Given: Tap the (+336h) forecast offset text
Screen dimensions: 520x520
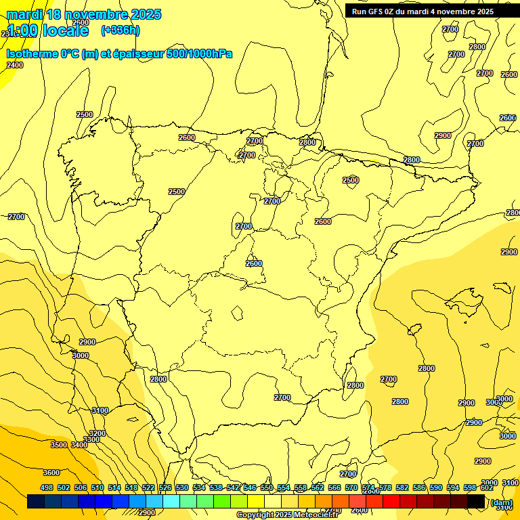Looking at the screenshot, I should pos(121,30).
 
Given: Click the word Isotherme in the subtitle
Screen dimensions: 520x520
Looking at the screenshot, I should pos(31,53).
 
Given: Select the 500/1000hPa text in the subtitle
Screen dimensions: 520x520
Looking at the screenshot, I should pos(200,53).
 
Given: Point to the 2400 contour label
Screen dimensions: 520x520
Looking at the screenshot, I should pos(15,65).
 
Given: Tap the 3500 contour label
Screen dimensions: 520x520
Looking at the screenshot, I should pos(59,445).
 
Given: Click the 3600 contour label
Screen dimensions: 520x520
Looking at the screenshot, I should pos(51,473).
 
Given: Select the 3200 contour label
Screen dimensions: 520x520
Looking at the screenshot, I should pos(97,433).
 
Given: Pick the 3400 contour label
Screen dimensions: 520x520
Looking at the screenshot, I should pos(79,445).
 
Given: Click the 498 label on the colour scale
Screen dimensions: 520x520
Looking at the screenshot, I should pos(47,487).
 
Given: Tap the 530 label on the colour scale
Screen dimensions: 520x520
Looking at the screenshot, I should pos(182,487).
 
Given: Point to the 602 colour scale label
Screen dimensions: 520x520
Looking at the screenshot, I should pos(487,487).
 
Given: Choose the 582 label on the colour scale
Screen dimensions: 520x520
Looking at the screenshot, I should pos(402,487).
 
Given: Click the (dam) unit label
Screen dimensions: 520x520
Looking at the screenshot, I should pos(502,502).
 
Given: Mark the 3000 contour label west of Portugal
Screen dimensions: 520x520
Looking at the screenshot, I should pos(81,355).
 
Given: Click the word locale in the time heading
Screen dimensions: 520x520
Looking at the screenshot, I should pos(65,30).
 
